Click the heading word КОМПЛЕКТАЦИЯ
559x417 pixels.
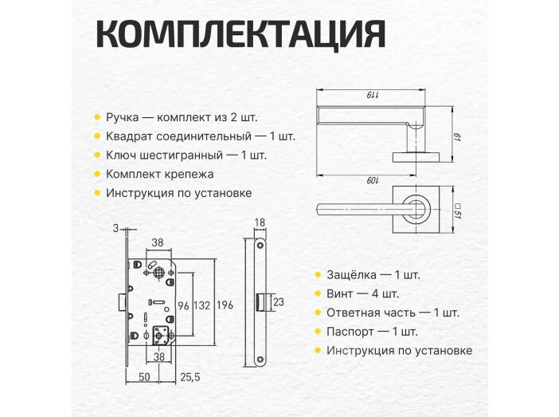pyautogui.click(x=240, y=34)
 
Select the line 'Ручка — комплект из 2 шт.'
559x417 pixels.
pyautogui.click(x=182, y=117)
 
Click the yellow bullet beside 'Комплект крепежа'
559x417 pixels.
pyautogui.click(x=97, y=174)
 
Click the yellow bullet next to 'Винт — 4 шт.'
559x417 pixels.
pyautogui.click(x=318, y=294)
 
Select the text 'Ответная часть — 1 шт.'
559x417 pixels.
pyautogui.click(x=393, y=313)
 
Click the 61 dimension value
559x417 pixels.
pyautogui.click(x=458, y=140)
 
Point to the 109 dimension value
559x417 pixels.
pyautogui.click(x=372, y=180)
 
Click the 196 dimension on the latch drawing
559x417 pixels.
pyautogui.click(x=225, y=305)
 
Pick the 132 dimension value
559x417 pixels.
pyautogui.click(x=201, y=305)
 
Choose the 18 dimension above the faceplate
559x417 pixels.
pyautogui.click(x=260, y=223)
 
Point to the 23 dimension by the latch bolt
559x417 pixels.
pyautogui.click(x=278, y=302)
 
